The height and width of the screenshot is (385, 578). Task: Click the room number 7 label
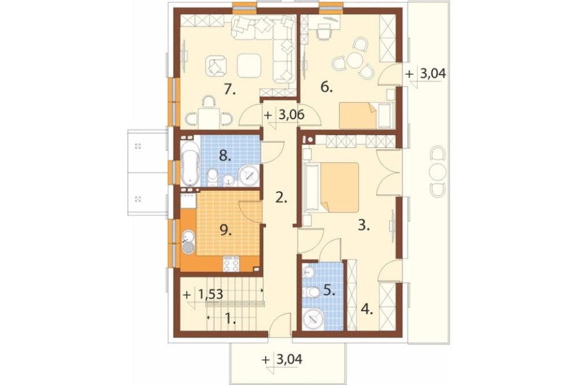(229, 89)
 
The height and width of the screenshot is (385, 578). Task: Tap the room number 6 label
(327, 87)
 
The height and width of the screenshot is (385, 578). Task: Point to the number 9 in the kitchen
(225, 231)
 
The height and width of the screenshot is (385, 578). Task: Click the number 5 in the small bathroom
(329, 291)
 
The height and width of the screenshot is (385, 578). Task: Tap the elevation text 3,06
(291, 115)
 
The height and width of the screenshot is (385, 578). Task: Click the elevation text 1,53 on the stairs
(210, 294)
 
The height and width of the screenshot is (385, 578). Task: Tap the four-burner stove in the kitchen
(231, 264)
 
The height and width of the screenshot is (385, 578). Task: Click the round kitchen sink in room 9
(188, 235)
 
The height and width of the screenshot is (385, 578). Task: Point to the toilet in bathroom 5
(311, 293)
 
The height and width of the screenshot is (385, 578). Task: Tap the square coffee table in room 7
(249, 66)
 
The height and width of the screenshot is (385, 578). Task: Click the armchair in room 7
(215, 66)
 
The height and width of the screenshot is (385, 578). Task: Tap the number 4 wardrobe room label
(367, 309)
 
